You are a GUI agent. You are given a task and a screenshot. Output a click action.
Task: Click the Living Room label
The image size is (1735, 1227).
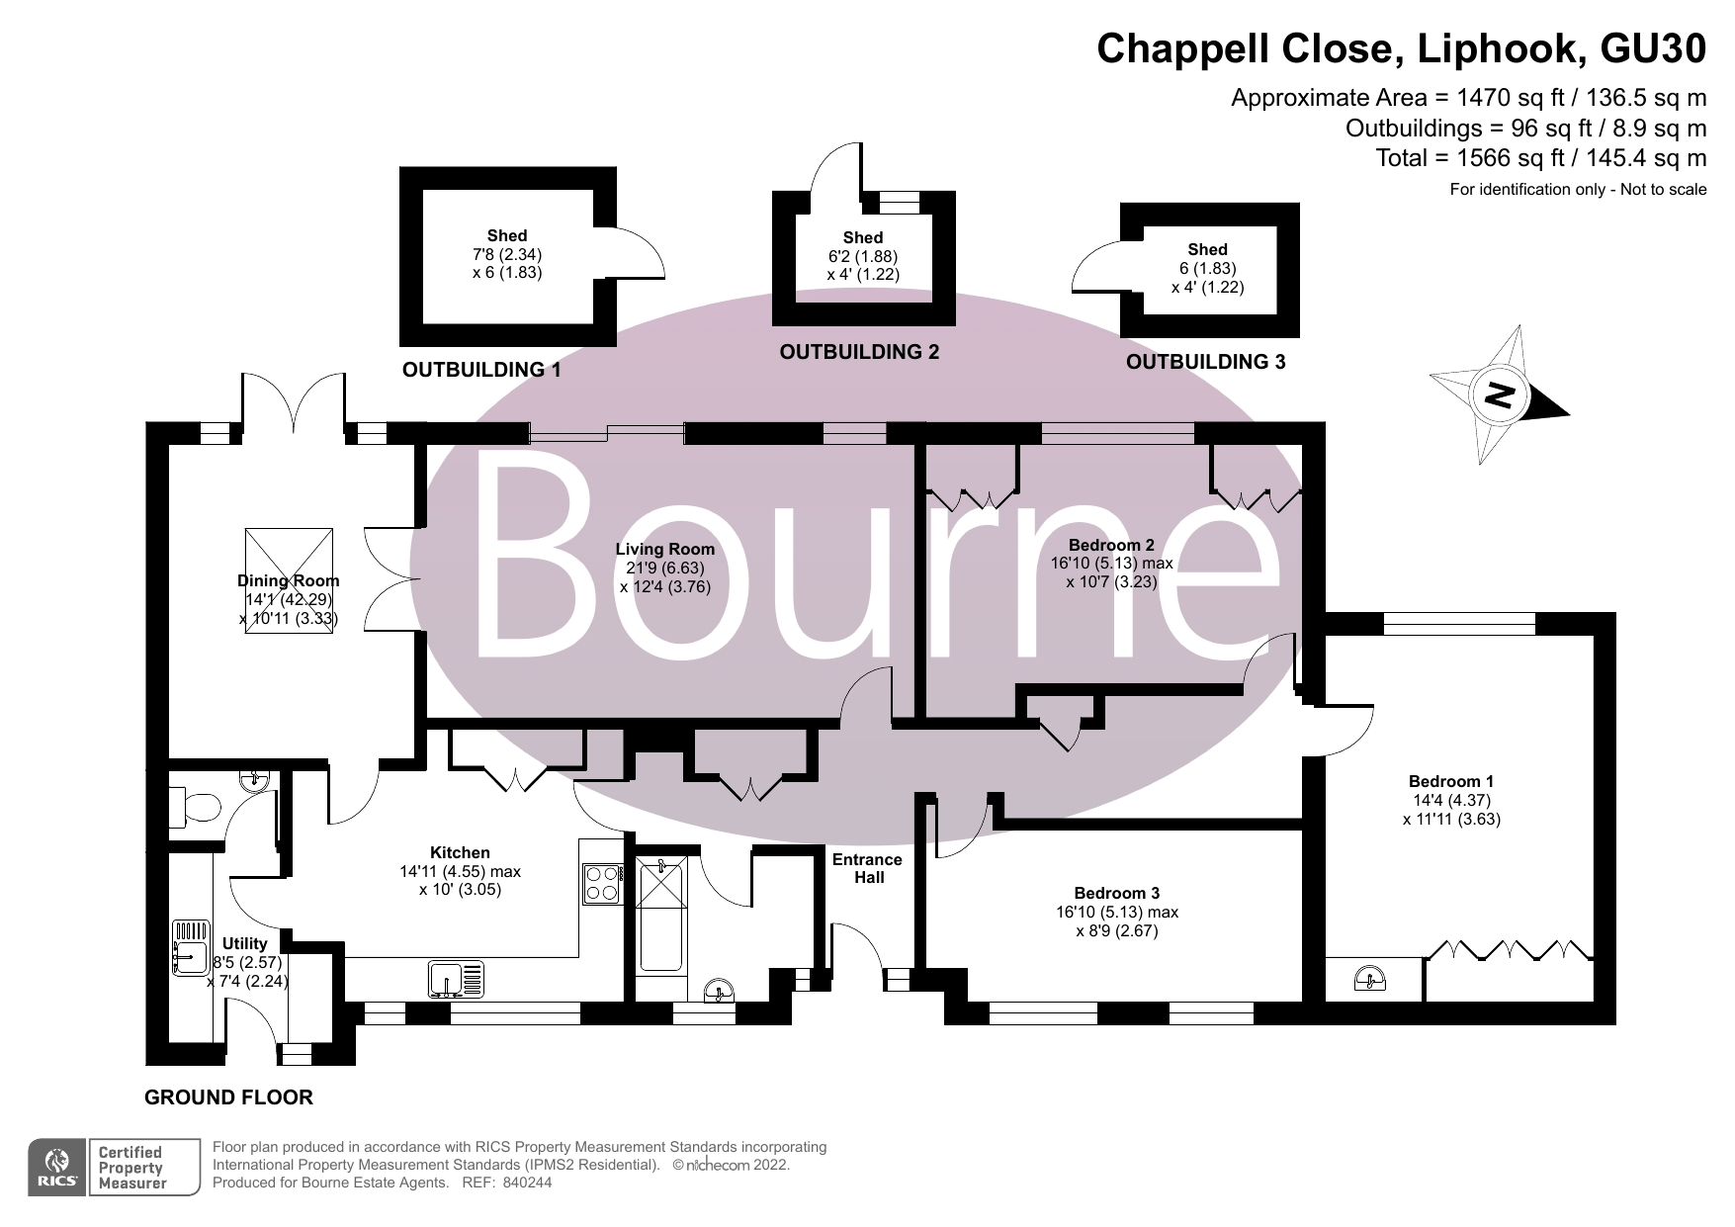pos(664,550)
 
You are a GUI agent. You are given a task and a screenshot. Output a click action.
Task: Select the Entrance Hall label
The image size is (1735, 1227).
pos(867,868)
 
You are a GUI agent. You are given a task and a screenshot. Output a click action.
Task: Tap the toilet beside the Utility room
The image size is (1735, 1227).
pos(194,806)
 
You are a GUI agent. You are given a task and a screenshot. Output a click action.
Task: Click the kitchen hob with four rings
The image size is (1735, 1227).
pos(602,883)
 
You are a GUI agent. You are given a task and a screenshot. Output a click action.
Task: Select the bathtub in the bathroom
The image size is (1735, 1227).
pos(662,915)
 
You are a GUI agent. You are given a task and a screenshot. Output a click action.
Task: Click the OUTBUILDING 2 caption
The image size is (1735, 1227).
pos(859,352)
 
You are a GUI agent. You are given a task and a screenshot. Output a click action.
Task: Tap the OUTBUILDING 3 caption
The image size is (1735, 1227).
pos(1206,362)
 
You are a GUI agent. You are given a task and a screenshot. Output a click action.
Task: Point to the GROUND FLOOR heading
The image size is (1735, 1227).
pos(228,1097)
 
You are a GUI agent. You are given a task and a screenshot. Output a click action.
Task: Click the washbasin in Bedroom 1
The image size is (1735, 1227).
pos(1369,979)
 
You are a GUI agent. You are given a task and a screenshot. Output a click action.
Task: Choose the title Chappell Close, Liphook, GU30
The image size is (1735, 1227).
pos(1402,48)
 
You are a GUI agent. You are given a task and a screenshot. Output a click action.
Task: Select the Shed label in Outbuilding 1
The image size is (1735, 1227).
pos(507,235)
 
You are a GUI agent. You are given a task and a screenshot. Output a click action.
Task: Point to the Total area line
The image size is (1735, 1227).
pos(1541,158)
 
